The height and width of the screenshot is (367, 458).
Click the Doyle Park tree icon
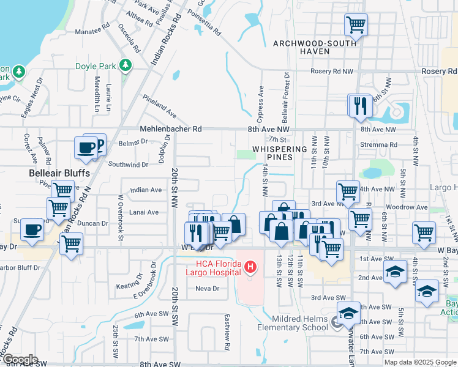click(x=126, y=65)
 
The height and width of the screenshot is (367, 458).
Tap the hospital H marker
click(x=250, y=267)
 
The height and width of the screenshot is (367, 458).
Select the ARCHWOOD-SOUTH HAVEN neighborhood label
click(x=301, y=47)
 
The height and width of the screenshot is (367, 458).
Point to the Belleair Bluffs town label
click(x=60, y=173)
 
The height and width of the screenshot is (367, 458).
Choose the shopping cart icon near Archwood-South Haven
click(x=356, y=25)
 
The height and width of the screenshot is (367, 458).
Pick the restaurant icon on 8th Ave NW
click(x=361, y=105)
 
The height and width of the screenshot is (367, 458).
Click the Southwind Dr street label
click(x=129, y=165)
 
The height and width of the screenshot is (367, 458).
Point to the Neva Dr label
click(x=207, y=289)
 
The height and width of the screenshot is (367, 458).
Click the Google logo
click(x=20, y=360)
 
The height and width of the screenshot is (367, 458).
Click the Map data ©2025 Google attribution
click(x=420, y=362)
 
